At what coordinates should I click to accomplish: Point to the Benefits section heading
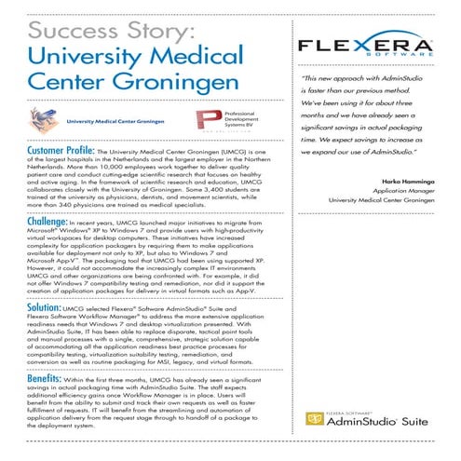tap(44, 380)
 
